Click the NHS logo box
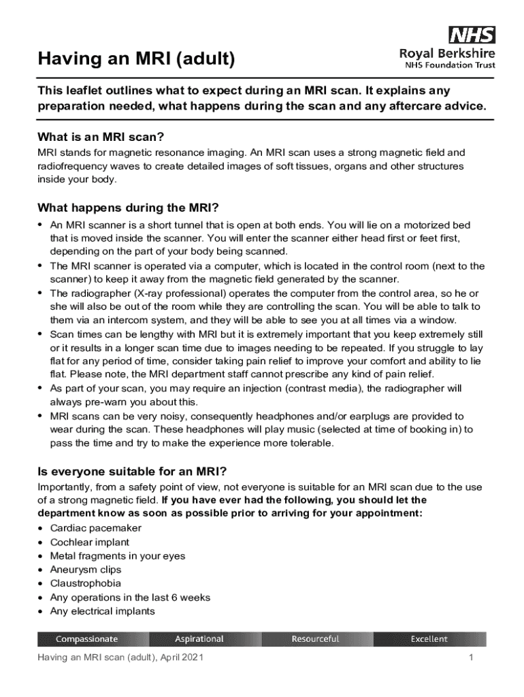click(472, 35)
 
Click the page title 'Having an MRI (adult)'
click(136, 60)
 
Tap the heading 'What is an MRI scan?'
click(101, 136)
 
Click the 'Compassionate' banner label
click(86, 639)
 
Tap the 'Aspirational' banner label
click(199, 639)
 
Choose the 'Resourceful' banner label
click(315, 639)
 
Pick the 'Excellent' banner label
click(429, 639)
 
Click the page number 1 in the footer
click(470, 658)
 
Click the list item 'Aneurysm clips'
click(86, 570)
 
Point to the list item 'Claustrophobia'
click(86, 583)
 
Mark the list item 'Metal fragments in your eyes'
click(117, 556)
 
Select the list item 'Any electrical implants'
click(102, 611)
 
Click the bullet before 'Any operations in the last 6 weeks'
click(42, 598)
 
